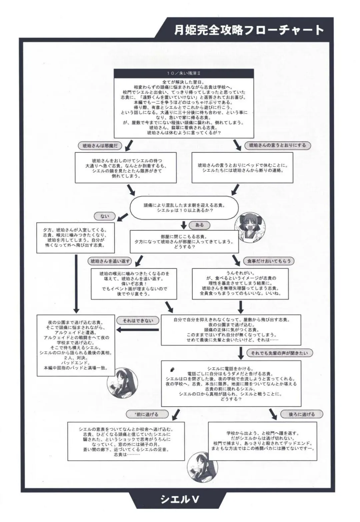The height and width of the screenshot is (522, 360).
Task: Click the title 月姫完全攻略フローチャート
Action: (249, 30)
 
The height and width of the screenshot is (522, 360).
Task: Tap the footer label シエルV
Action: (180, 499)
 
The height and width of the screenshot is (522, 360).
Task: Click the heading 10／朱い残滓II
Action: (184, 73)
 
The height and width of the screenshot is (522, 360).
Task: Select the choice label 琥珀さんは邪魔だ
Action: (100, 146)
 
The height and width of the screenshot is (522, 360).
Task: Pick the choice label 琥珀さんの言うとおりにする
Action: (277, 145)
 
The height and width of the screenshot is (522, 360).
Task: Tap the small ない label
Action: (105, 216)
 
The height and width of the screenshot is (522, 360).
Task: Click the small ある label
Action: (199, 225)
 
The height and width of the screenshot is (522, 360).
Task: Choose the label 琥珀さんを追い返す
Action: (110, 261)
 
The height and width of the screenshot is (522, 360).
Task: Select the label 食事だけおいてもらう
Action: (269, 261)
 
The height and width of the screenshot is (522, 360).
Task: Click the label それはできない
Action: (138, 321)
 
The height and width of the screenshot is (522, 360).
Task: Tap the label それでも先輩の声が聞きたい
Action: (279, 353)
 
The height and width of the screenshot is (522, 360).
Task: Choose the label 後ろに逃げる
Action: (302, 414)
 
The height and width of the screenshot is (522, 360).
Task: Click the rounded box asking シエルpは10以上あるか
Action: (184, 208)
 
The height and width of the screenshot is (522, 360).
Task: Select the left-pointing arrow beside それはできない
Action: (137, 330)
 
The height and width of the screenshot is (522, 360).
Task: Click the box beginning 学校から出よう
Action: (263, 441)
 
